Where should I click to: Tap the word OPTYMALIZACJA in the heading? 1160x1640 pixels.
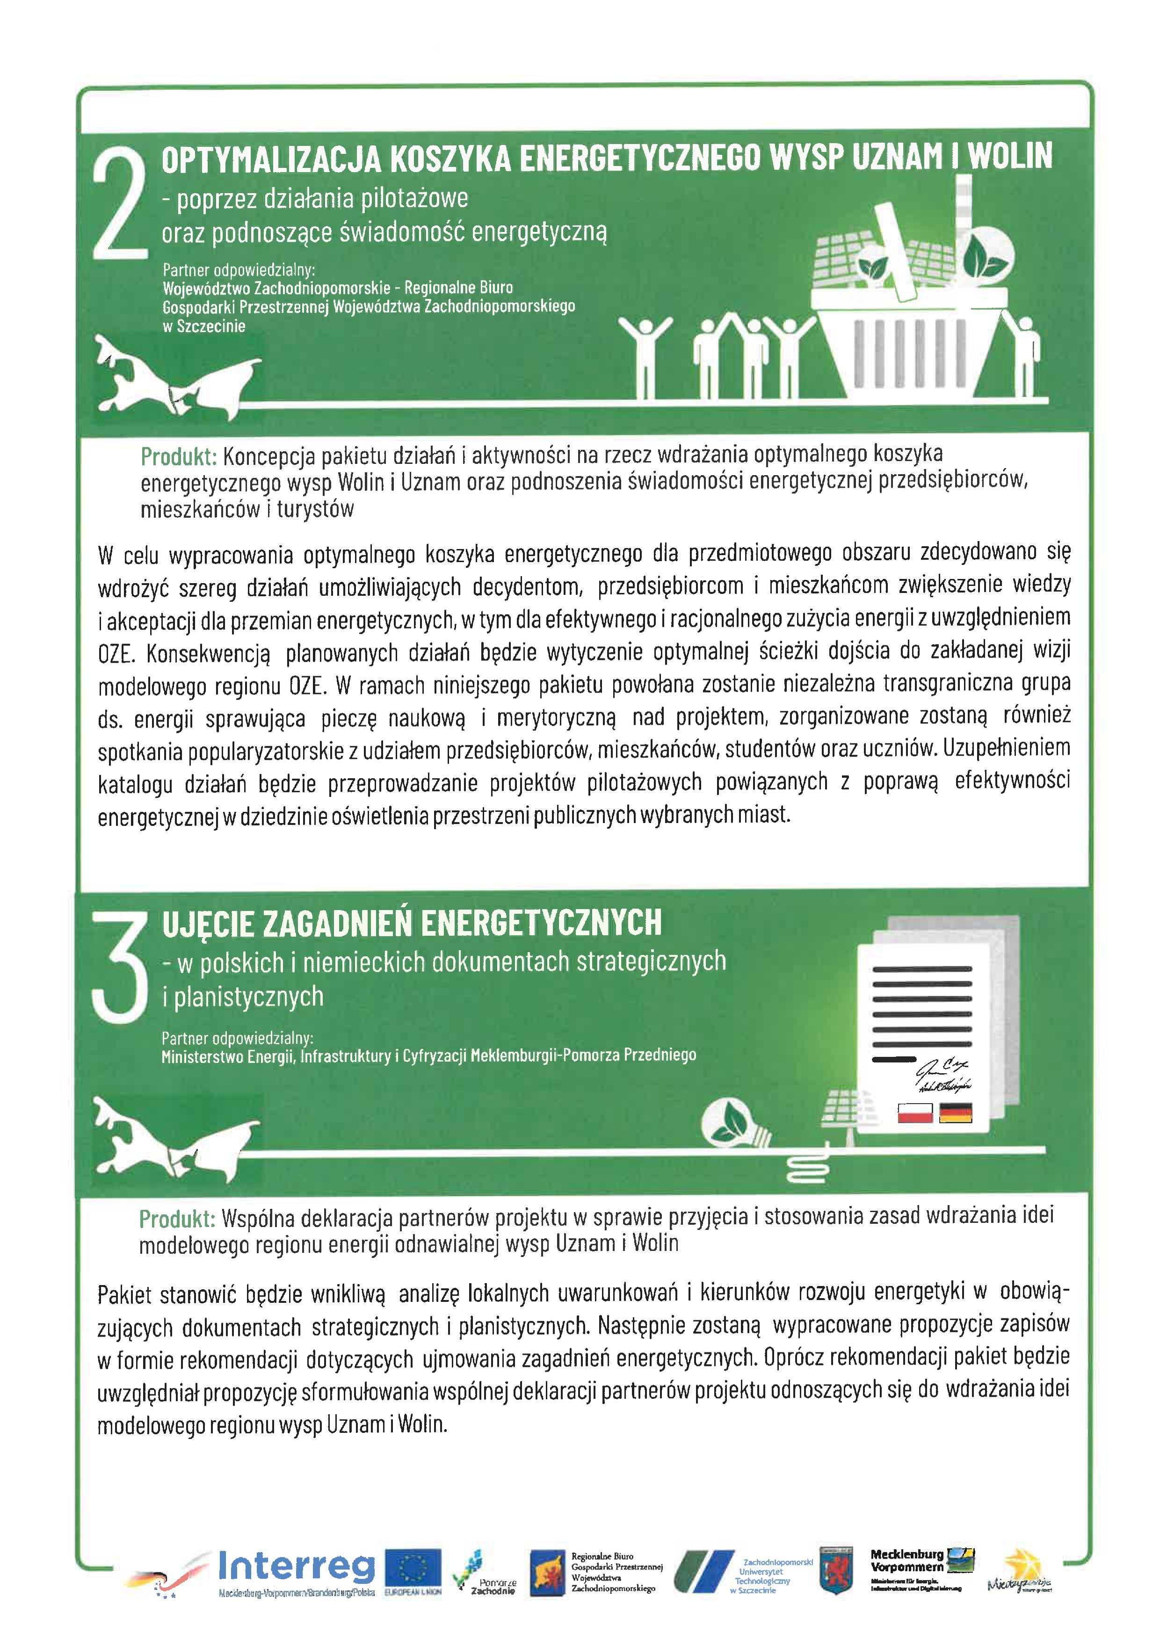pos(271,159)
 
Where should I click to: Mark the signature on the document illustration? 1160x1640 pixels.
pos(942,1076)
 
